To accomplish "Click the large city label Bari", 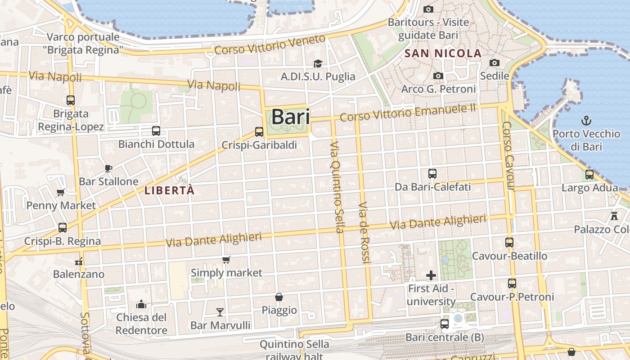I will [x=291, y=117].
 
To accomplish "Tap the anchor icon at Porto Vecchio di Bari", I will [x=586, y=121].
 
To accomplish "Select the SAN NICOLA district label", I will [x=443, y=54].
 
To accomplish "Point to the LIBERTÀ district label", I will [x=170, y=190].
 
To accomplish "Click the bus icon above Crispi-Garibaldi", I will [x=259, y=132].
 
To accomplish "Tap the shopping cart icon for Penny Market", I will [x=61, y=193].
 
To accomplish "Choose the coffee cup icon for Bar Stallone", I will [x=108, y=168].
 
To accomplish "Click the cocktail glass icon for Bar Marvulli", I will [x=220, y=312].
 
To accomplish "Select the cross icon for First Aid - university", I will [x=431, y=275].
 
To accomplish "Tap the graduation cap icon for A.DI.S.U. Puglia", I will [x=318, y=63].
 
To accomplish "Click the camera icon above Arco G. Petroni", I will [x=438, y=76].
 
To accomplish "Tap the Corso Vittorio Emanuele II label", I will [x=408, y=112].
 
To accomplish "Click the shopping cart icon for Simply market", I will [x=226, y=260].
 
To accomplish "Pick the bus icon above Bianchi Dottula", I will [x=156, y=131].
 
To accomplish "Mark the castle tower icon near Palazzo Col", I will [x=614, y=216].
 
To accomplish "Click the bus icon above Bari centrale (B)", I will [x=445, y=324].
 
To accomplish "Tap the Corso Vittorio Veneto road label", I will [x=270, y=45].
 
